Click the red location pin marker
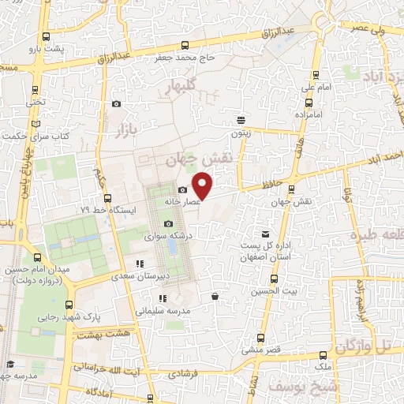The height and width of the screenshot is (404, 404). click(203, 186)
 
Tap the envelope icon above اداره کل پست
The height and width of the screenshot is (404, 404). click(265, 234)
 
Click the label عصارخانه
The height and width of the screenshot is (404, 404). click(183, 202)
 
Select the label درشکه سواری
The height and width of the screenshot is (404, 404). click(165, 236)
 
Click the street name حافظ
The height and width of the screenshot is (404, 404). click(252, 185)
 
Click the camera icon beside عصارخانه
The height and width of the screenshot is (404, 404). click(183, 190)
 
